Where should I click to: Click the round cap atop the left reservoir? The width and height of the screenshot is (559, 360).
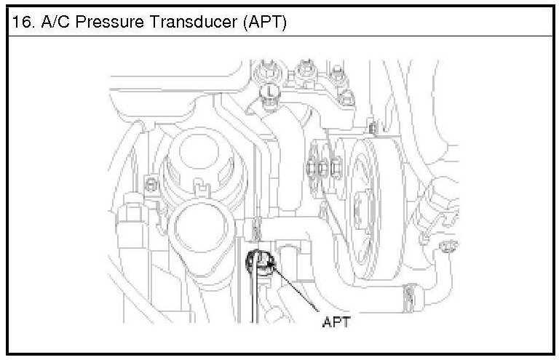click(192, 159)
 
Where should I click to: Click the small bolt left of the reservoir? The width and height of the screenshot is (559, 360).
click(151, 183)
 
